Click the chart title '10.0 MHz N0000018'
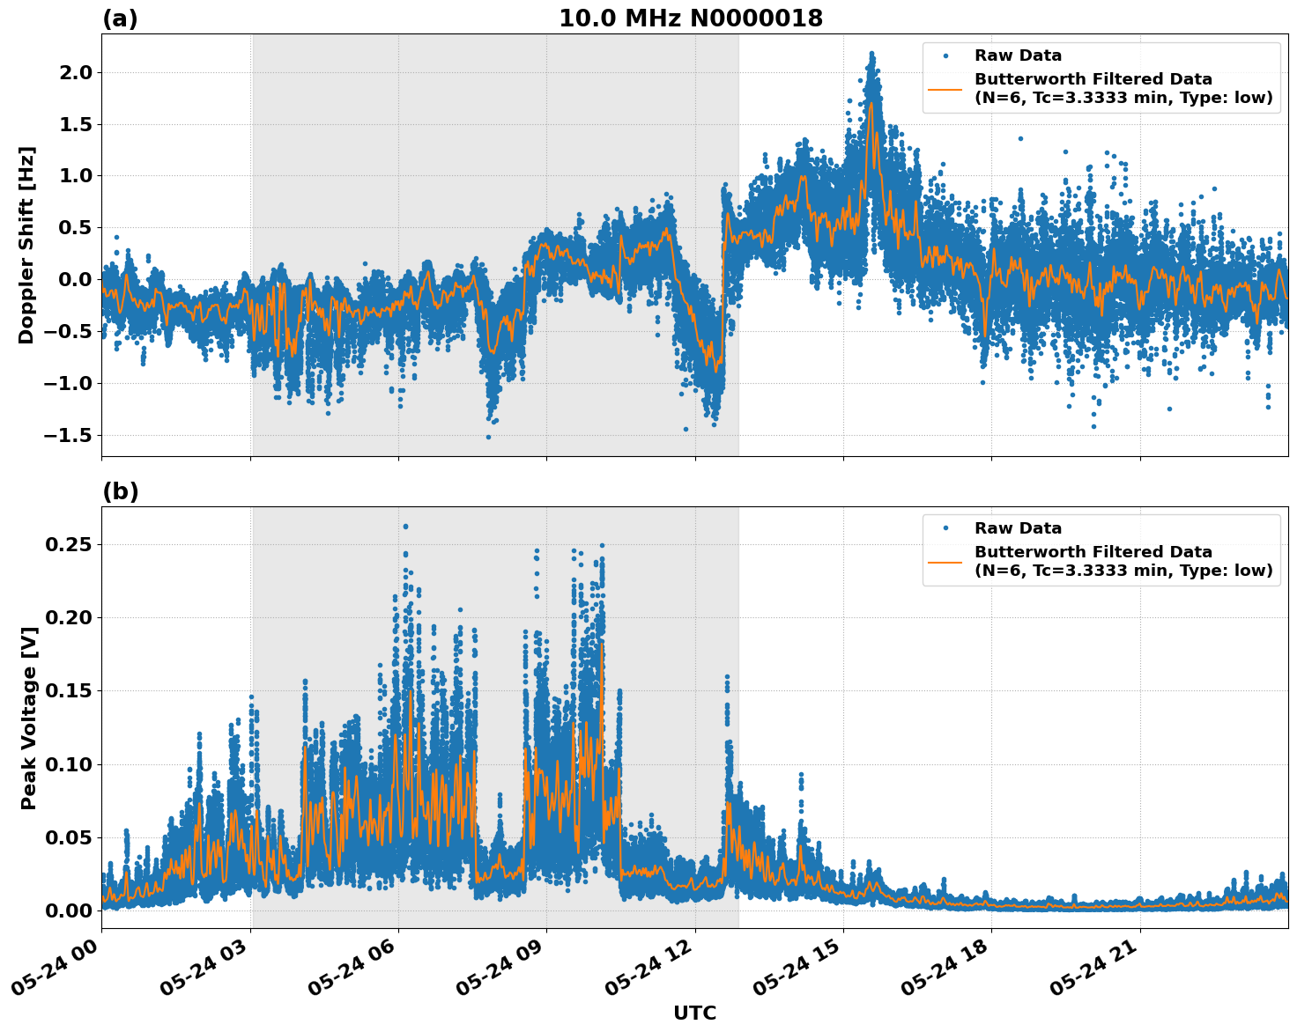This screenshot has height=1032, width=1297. [x=690, y=18]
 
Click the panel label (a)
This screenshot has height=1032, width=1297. [x=120, y=18]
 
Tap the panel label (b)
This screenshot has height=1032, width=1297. [x=120, y=491]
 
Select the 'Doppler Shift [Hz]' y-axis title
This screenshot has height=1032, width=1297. [x=26, y=245]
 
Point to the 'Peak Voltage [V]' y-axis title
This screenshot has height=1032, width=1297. [x=28, y=718]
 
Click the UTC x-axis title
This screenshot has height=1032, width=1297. [x=694, y=1013]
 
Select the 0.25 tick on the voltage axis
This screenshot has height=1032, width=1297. [x=69, y=544]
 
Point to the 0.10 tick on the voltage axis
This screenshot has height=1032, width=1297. [x=69, y=764]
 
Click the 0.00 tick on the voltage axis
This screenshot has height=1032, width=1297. [x=69, y=910]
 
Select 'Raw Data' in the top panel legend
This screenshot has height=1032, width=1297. [x=1018, y=55]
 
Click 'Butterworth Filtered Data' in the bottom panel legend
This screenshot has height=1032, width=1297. [x=1093, y=552]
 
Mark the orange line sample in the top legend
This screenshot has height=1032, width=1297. [x=945, y=89]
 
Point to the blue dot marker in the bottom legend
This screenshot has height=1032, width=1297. [x=945, y=528]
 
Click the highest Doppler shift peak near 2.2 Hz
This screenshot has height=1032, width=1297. [x=871, y=54]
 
